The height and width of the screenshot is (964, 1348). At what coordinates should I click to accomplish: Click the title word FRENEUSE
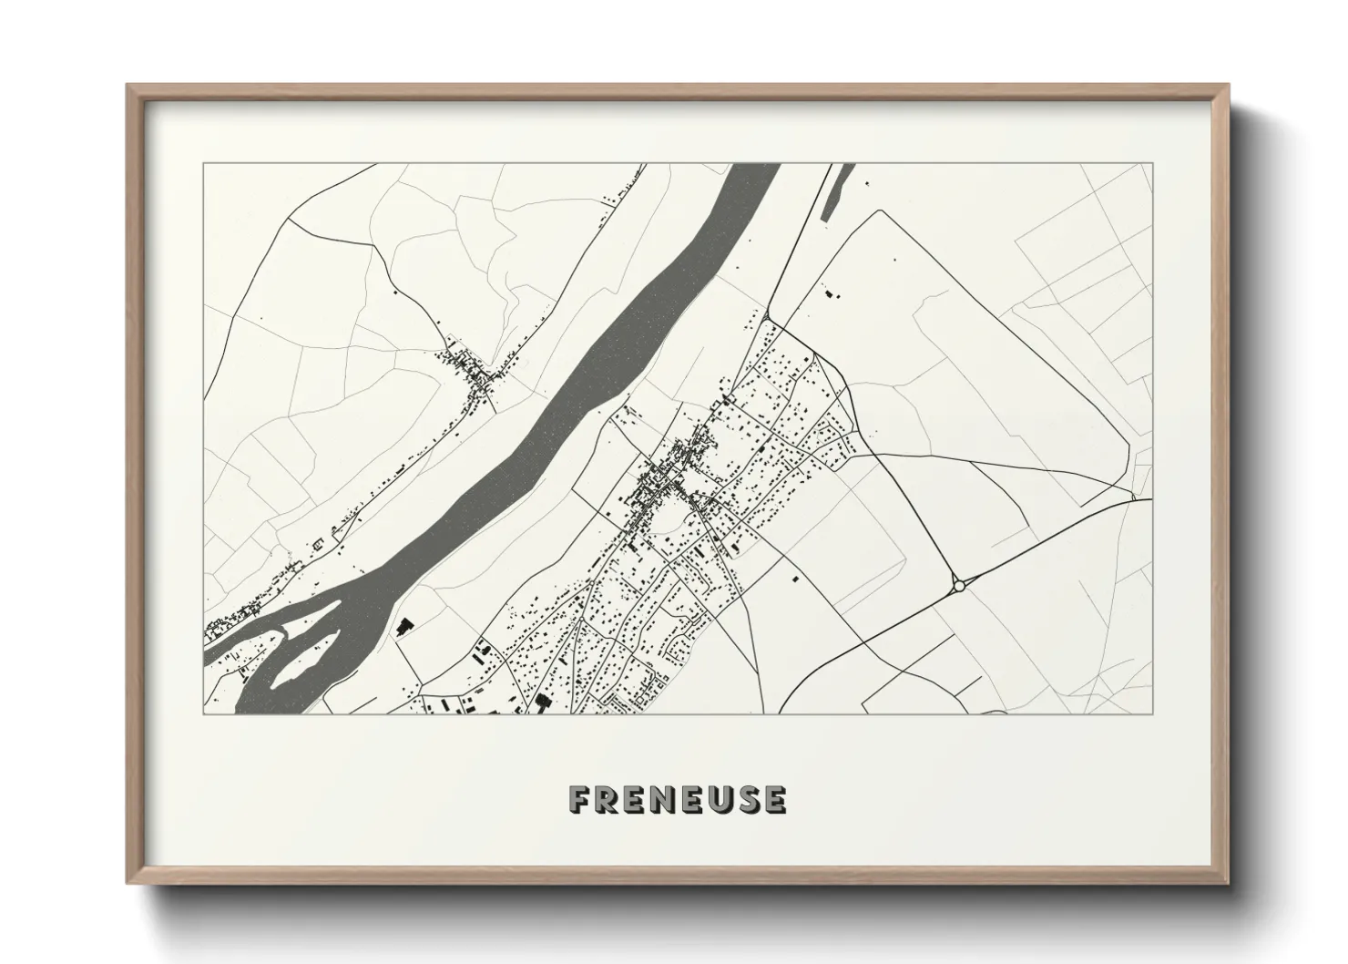678,799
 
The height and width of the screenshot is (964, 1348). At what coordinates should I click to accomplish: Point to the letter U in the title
720,799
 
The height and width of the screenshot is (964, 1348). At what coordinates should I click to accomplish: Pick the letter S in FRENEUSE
748,799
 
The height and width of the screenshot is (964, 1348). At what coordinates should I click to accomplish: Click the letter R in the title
605,799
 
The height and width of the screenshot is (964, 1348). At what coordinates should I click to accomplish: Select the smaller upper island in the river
298,628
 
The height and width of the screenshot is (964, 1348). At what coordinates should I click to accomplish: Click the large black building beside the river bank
402,626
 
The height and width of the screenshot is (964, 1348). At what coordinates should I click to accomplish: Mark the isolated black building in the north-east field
829,293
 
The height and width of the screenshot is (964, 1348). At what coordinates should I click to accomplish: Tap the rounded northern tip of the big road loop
879,211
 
